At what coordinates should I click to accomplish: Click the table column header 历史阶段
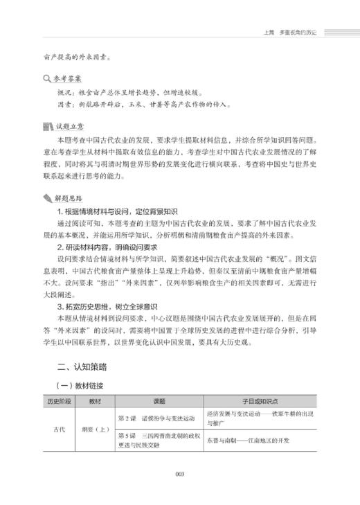tap(61, 401)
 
